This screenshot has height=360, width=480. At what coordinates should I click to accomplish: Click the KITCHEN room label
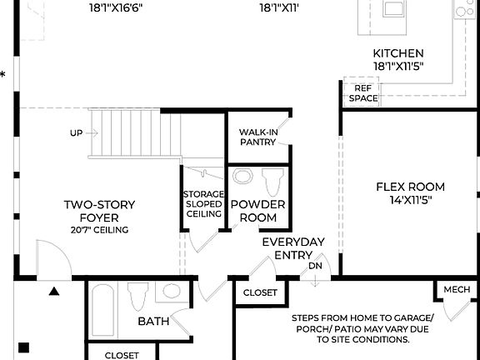[x=397, y=53]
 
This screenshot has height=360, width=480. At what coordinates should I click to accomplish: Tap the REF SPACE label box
[x=362, y=92]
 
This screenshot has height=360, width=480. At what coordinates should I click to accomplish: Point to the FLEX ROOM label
[x=410, y=187]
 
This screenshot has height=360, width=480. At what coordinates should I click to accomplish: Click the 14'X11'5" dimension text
[x=410, y=200]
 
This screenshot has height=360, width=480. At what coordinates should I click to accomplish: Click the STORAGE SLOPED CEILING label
[x=203, y=203]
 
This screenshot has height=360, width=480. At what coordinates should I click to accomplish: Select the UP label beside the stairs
[x=77, y=133]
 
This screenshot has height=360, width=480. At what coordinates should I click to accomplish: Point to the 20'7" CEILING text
[x=100, y=230]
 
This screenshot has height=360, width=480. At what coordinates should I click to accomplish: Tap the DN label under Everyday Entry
[x=315, y=266]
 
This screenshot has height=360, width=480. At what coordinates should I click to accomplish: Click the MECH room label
[x=456, y=289]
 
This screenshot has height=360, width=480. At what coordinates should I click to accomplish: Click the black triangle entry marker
[x=54, y=291]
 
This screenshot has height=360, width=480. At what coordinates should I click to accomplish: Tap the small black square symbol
[x=24, y=347]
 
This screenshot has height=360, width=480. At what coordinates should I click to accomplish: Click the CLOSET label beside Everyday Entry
[x=260, y=292]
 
